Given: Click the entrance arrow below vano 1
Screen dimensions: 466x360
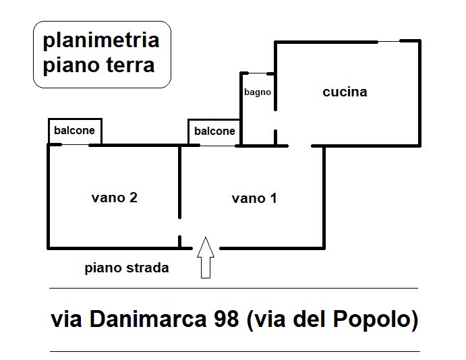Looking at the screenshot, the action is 206,258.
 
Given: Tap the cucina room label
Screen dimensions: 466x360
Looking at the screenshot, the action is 345,92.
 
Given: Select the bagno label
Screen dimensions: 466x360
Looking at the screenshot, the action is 258,92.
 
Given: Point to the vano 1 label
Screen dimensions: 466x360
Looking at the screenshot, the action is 254,198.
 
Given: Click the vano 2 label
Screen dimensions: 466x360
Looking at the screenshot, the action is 115,198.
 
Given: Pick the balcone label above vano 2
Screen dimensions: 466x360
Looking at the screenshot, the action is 74,130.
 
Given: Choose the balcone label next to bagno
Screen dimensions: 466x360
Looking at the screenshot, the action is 214,131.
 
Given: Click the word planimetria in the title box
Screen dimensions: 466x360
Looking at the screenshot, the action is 101,40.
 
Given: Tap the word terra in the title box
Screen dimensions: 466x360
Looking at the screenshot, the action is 130,65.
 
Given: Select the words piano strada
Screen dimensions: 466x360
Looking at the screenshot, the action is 127,268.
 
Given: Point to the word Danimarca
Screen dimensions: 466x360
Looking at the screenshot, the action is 148,319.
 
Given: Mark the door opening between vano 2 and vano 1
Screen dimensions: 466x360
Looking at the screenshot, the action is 179,227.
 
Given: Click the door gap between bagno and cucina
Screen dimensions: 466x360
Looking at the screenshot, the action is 276,120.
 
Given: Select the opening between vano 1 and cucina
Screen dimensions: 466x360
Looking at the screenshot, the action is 300,146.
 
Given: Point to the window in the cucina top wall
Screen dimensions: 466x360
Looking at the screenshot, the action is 388,42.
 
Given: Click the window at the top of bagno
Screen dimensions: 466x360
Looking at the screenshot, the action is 258,73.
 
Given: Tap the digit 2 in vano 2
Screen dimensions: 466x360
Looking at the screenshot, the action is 134,198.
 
